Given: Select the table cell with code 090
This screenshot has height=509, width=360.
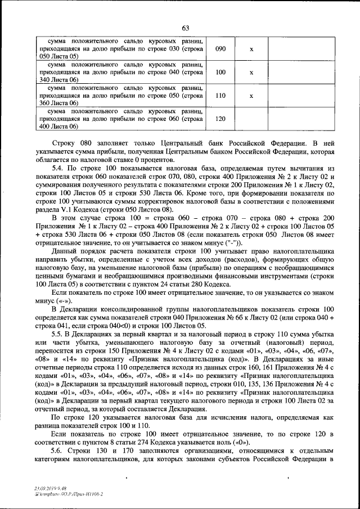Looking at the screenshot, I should pyautogui.click(x=220, y=49).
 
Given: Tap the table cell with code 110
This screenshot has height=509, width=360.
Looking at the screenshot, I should pyautogui.click(x=220, y=96).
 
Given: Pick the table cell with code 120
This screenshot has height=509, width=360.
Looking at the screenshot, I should pyautogui.click(x=220, y=119).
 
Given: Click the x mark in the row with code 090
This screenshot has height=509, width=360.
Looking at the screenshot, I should pyautogui.click(x=251, y=49).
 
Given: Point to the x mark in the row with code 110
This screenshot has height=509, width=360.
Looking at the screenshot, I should pyautogui.click(x=251, y=96).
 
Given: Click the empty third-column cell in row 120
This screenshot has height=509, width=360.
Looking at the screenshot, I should pyautogui.click(x=251, y=119).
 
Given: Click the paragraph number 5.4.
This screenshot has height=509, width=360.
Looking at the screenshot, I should pyautogui.click(x=57, y=169).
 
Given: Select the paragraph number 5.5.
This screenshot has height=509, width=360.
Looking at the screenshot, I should pyautogui.click(x=57, y=334).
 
